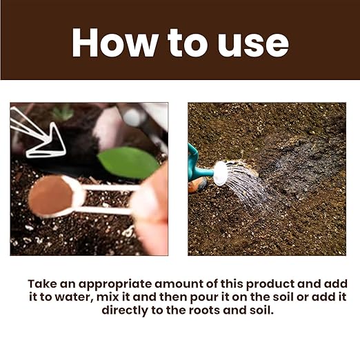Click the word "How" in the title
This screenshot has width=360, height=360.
114,43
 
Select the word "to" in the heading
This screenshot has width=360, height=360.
188,43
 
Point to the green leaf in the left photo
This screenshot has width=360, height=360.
128,163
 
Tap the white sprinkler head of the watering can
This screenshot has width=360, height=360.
220,173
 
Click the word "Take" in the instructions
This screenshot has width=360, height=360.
42,283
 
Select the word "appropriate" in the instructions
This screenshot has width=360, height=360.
115,285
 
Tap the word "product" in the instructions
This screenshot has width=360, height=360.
270,285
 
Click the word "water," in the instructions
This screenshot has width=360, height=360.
74,297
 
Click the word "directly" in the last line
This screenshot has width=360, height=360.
125,311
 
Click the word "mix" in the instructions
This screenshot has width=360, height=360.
107,297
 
